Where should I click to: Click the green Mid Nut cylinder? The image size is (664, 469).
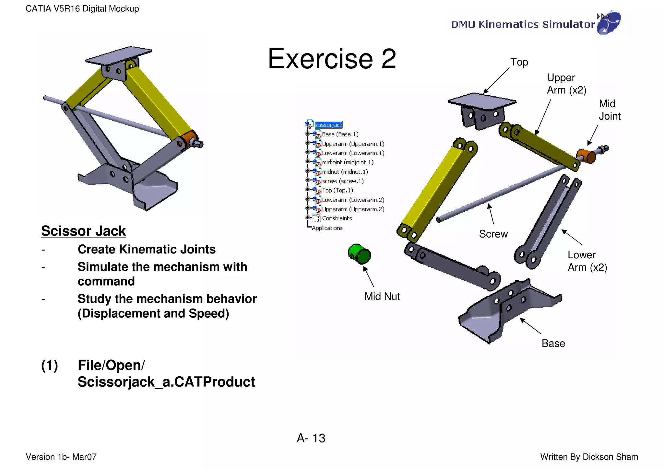(x=359, y=254)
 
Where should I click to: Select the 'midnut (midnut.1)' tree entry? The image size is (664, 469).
(x=345, y=172)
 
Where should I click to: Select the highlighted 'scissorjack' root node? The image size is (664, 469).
(x=328, y=125)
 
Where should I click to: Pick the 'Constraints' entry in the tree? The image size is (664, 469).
(x=337, y=218)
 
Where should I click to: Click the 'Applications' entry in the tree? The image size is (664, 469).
(x=327, y=228)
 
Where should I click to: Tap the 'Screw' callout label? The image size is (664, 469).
(x=493, y=234)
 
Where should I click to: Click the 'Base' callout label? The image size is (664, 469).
(x=553, y=344)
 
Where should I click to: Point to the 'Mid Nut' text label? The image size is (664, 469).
(x=382, y=297)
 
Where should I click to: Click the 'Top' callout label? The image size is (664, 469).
(x=519, y=62)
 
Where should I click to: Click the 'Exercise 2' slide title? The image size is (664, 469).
(x=332, y=59)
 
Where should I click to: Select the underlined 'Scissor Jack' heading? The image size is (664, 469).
(x=83, y=231)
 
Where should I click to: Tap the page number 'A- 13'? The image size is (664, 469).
(x=311, y=438)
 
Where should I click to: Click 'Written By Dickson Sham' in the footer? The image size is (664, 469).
(x=589, y=457)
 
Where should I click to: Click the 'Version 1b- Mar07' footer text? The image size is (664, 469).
(x=61, y=457)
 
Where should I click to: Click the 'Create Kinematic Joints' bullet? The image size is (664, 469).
(x=147, y=250)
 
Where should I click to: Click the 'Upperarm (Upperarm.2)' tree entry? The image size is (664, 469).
(x=353, y=209)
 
